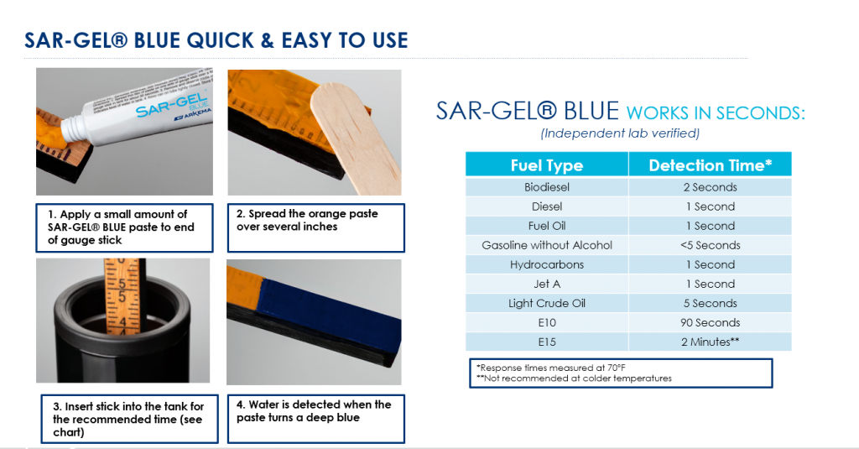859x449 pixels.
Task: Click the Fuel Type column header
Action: (x=546, y=165)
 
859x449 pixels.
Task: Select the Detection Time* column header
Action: (x=710, y=165)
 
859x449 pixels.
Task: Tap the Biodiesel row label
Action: (x=547, y=187)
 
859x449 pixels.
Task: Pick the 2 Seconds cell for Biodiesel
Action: (x=710, y=187)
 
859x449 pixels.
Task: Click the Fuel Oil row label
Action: (x=547, y=226)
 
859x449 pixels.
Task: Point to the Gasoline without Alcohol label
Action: (x=547, y=245)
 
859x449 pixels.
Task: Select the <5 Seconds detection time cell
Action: (x=710, y=245)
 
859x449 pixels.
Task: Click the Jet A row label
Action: (x=547, y=284)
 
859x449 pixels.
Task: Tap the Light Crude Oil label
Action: (x=547, y=303)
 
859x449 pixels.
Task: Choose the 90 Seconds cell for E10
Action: (x=710, y=322)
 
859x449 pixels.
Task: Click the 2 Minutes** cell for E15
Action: (x=710, y=342)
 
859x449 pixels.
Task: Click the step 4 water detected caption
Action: (x=314, y=411)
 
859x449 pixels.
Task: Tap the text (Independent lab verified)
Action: (x=620, y=133)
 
